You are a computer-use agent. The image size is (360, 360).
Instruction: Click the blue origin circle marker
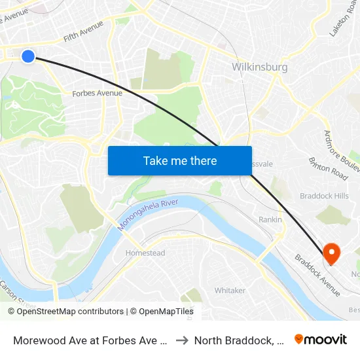pos(28,56)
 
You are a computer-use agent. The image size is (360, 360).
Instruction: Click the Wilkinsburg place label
pos(260,67)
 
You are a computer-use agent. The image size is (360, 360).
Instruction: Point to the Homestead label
pos(145,253)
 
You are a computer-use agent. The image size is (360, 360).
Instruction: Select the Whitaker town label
pos(230,290)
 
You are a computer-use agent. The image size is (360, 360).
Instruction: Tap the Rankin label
pos(270,219)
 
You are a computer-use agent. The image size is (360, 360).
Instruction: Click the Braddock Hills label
pos(324,196)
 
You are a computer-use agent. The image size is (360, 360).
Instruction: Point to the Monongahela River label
pos(148,215)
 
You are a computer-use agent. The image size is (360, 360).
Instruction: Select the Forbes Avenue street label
pos(97,93)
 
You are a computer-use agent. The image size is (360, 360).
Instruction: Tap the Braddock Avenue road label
pos(317,275)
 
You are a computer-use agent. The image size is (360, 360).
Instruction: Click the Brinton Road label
pos(328,168)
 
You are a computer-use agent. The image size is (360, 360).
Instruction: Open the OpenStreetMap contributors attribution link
pos(70,312)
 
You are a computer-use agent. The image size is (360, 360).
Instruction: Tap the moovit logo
pos(321,340)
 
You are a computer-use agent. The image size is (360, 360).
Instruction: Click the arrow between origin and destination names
pos(183,340)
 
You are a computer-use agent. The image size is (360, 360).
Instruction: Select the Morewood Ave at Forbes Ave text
pos(88,340)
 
